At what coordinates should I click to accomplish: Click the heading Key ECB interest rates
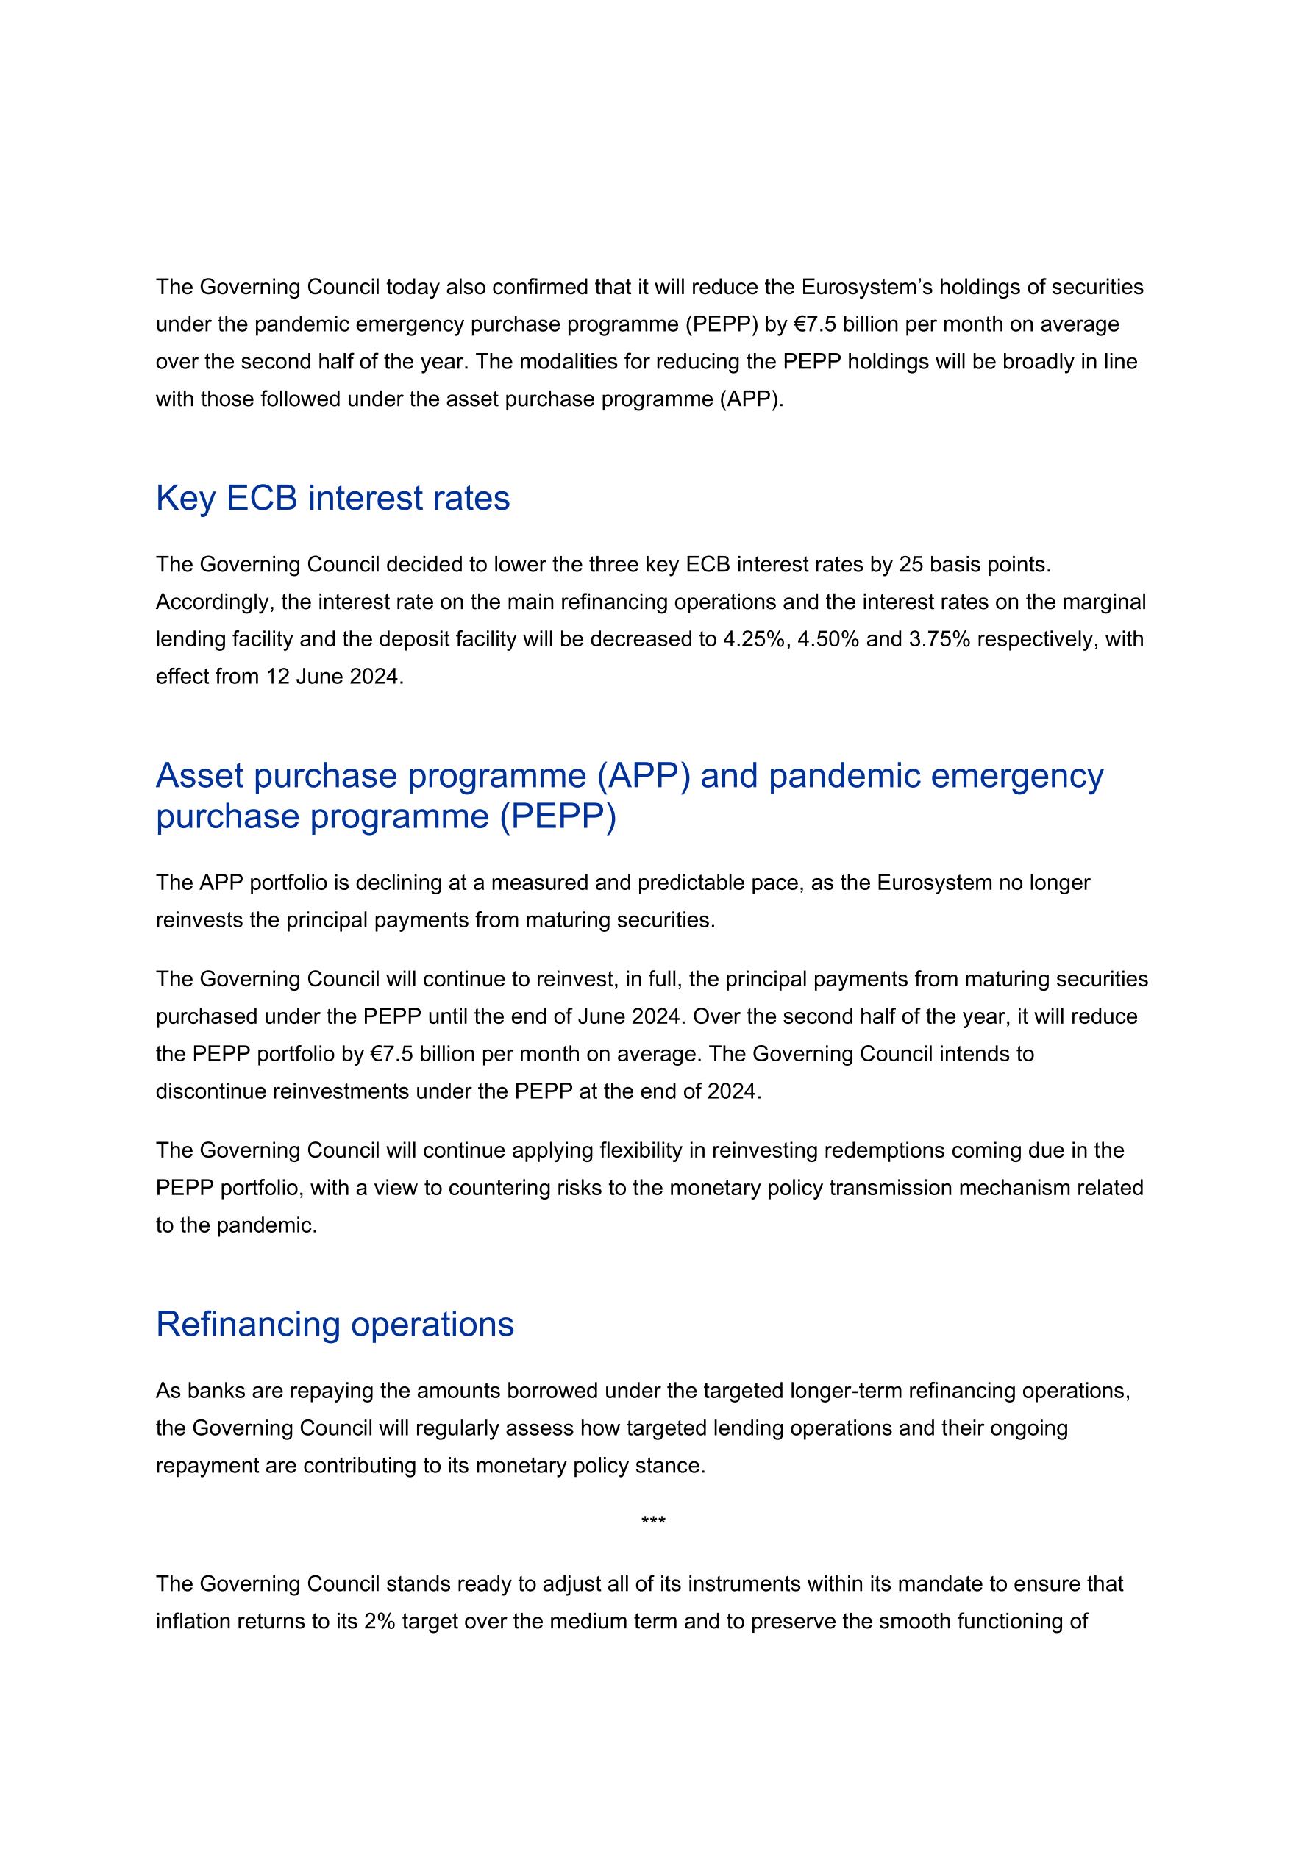(332, 499)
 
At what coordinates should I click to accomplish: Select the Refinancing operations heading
(335, 1325)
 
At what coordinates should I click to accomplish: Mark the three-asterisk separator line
(653, 1522)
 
